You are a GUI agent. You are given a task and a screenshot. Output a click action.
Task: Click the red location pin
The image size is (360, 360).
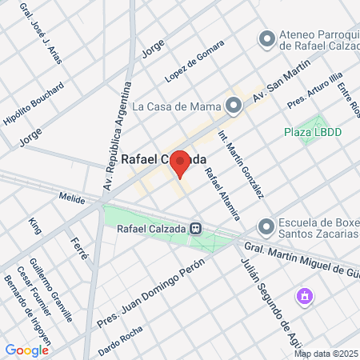(180, 163)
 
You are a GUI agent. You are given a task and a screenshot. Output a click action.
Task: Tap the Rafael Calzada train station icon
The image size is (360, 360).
(195, 227)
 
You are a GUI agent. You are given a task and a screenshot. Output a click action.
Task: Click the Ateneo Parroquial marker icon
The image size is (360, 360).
(267, 38)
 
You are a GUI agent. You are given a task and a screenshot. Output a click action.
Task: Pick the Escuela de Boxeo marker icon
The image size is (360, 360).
(266, 227)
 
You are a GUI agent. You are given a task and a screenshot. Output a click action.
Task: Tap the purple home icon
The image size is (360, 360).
(304, 298)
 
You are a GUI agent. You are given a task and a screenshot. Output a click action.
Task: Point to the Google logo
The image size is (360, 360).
(26, 350)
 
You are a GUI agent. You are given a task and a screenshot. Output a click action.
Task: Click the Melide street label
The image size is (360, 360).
(72, 196)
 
